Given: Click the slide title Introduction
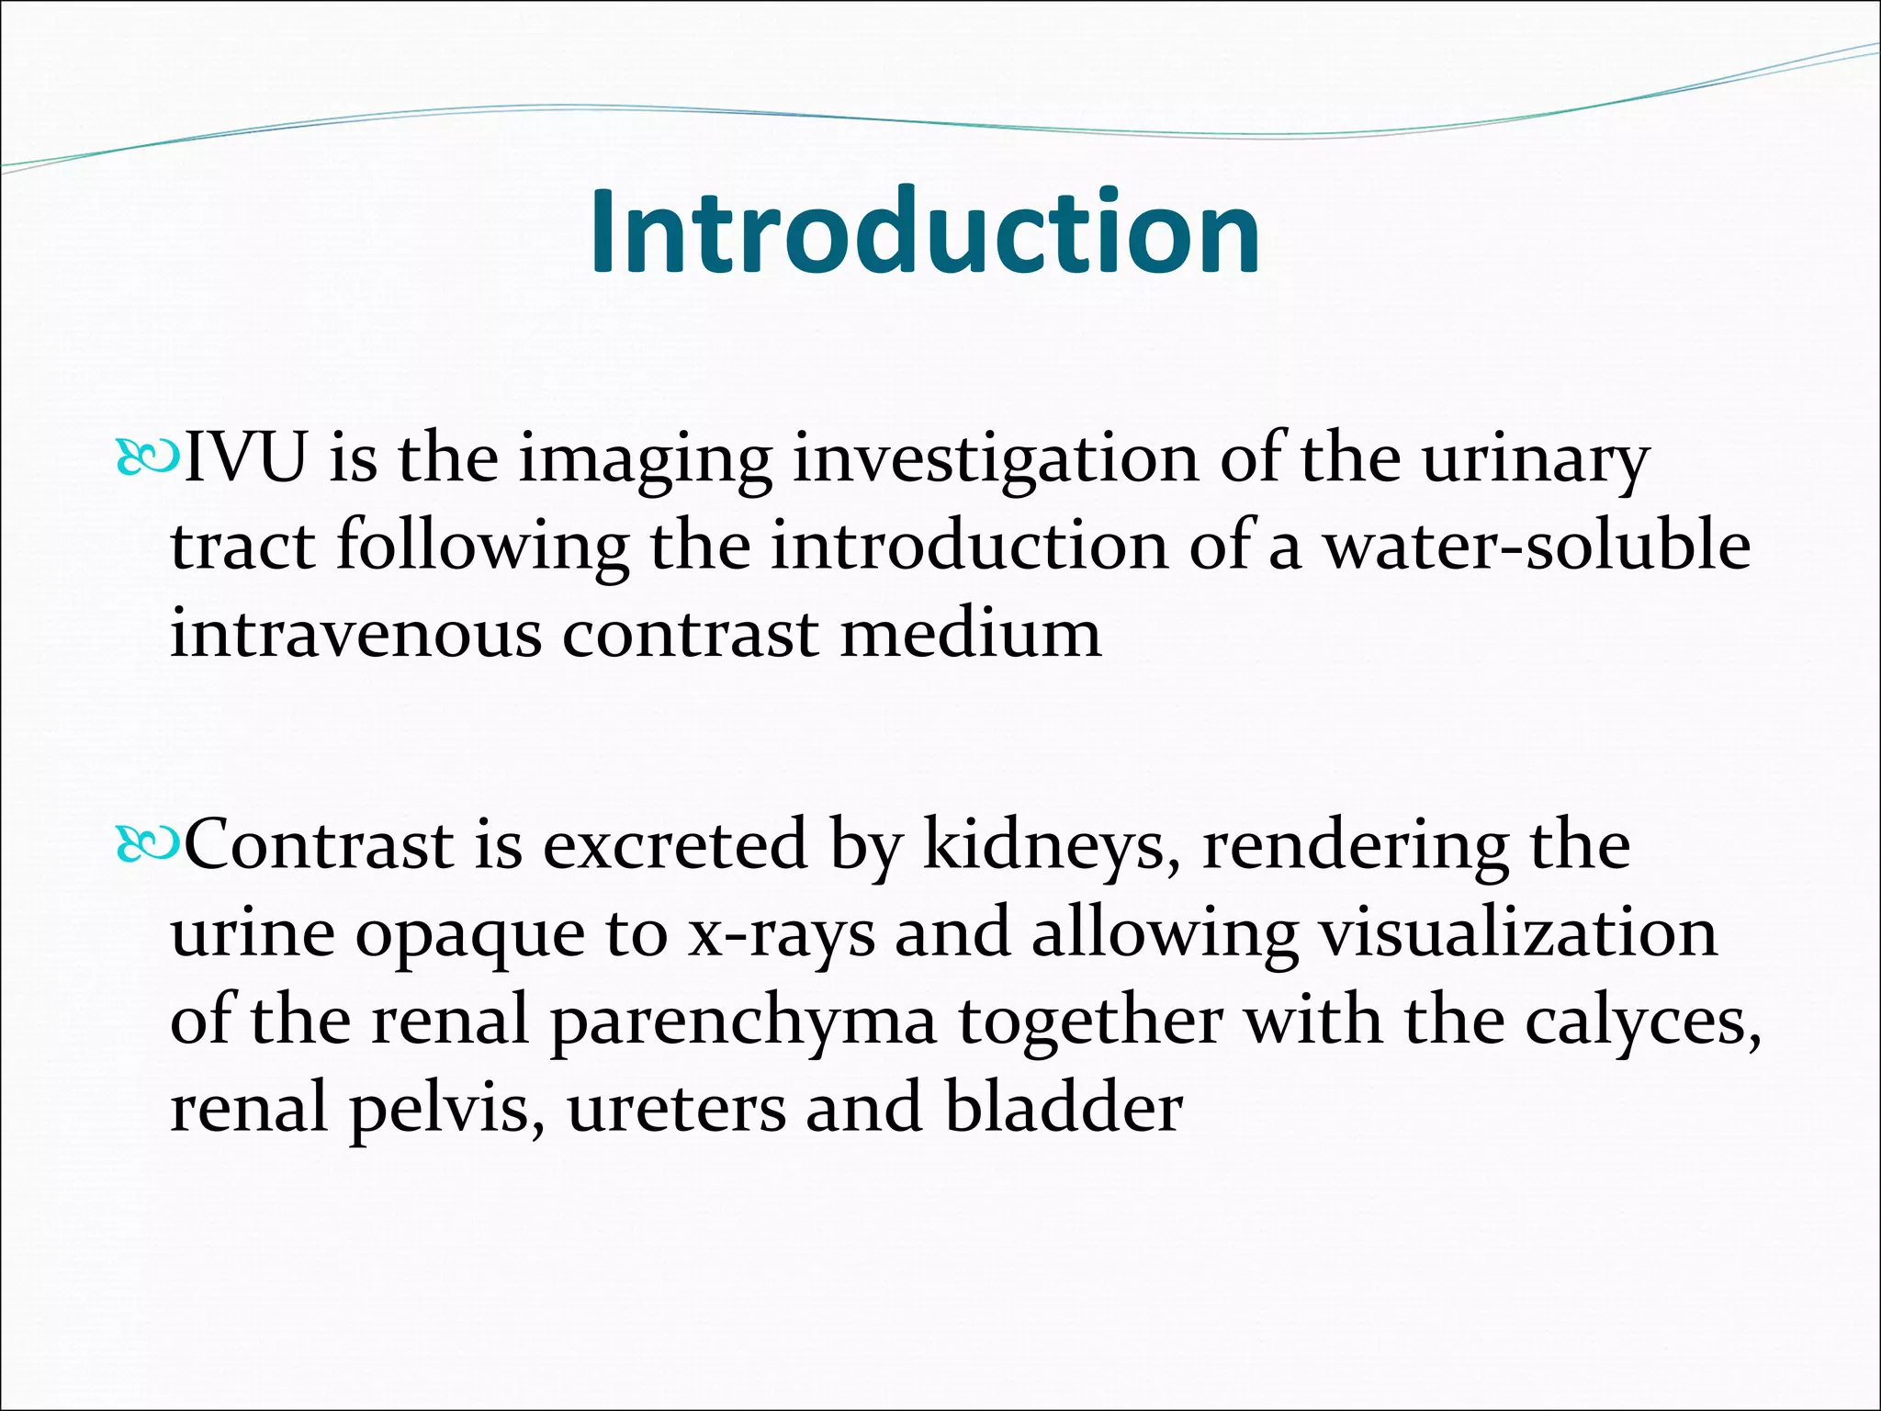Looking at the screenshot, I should pyautogui.click(x=925, y=231).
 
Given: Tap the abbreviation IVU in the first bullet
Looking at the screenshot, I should pyautogui.click(x=244, y=458).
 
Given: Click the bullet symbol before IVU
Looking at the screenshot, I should pyautogui.click(x=147, y=458).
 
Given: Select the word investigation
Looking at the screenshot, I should pyautogui.click(x=995, y=458).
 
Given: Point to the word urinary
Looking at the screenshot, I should pyautogui.click(x=1536, y=458).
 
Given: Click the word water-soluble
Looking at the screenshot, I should pyautogui.click(x=1536, y=547).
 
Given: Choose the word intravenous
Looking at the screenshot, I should pyautogui.click(x=355, y=634).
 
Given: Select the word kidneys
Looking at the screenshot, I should pyautogui.click(x=1051, y=845).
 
